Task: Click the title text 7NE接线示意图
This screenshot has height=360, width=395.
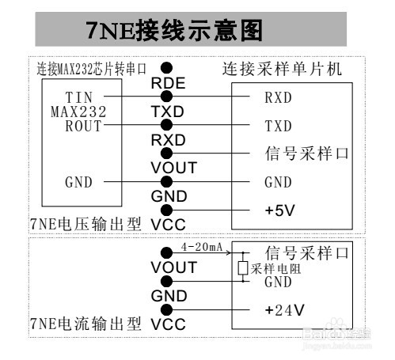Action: click(x=174, y=30)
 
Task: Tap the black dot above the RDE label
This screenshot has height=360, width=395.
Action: click(x=166, y=68)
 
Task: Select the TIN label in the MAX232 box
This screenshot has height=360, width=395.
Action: click(x=79, y=97)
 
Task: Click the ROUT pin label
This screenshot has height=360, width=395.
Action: click(x=83, y=126)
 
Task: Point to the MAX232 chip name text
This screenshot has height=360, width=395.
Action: click(x=78, y=112)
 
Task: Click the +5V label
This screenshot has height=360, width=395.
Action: click(x=279, y=210)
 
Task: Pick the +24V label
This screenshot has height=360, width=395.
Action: click(x=284, y=310)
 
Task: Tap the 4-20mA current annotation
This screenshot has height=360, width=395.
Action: click(x=202, y=247)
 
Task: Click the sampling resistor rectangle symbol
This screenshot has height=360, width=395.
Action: click(x=242, y=267)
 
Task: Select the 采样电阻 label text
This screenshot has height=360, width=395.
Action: click(x=275, y=269)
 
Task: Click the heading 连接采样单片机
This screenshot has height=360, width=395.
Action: click(x=282, y=69)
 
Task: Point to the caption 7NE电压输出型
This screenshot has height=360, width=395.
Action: click(x=85, y=224)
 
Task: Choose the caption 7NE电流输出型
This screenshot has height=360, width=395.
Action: click(x=85, y=324)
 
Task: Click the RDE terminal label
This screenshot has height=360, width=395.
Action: click(x=168, y=83)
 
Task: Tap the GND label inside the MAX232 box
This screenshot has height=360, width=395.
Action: click(x=78, y=182)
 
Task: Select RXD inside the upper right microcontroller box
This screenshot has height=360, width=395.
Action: click(x=278, y=97)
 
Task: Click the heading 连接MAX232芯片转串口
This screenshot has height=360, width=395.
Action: click(x=91, y=69)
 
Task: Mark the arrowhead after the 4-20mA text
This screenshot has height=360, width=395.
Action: click(x=228, y=252)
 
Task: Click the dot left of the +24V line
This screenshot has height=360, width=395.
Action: click(x=166, y=309)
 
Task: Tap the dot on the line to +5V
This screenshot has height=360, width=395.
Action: click(x=166, y=210)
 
